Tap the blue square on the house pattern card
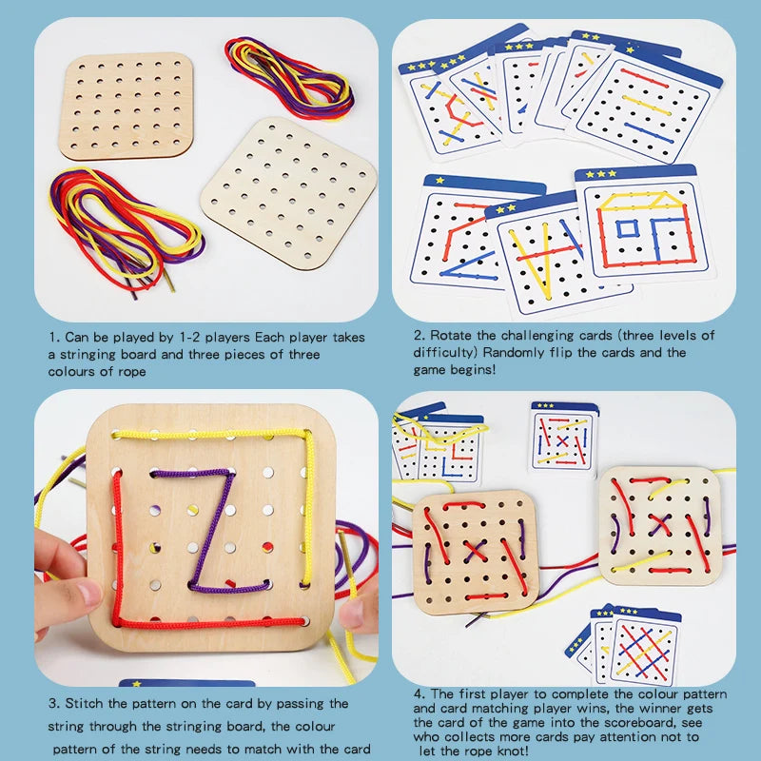pos(628,227)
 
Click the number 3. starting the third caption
pos(55,704)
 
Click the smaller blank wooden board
pos(127,105)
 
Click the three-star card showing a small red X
pos(562,439)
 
